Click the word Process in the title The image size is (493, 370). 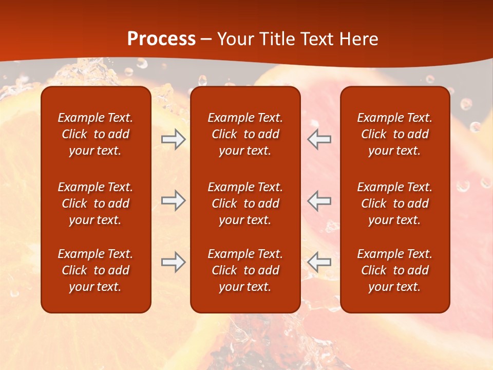coord(161,39)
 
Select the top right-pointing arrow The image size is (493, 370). coord(173,139)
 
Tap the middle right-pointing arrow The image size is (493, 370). coord(173,200)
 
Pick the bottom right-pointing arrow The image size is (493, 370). coord(173,263)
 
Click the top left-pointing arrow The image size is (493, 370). coord(319,139)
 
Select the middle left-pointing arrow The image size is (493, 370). coord(319,200)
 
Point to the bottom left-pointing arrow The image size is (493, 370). coord(319,263)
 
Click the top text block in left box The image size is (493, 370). coord(96,134)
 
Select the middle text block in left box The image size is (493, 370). coord(96,203)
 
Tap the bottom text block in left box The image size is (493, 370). coord(96,270)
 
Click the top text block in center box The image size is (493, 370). coord(245,134)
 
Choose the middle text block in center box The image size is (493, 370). coord(245,203)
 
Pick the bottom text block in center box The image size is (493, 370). coord(245,270)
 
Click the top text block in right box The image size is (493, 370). coord(394,134)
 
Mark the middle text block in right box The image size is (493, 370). coord(394,203)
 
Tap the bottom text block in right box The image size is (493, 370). coord(394,270)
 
